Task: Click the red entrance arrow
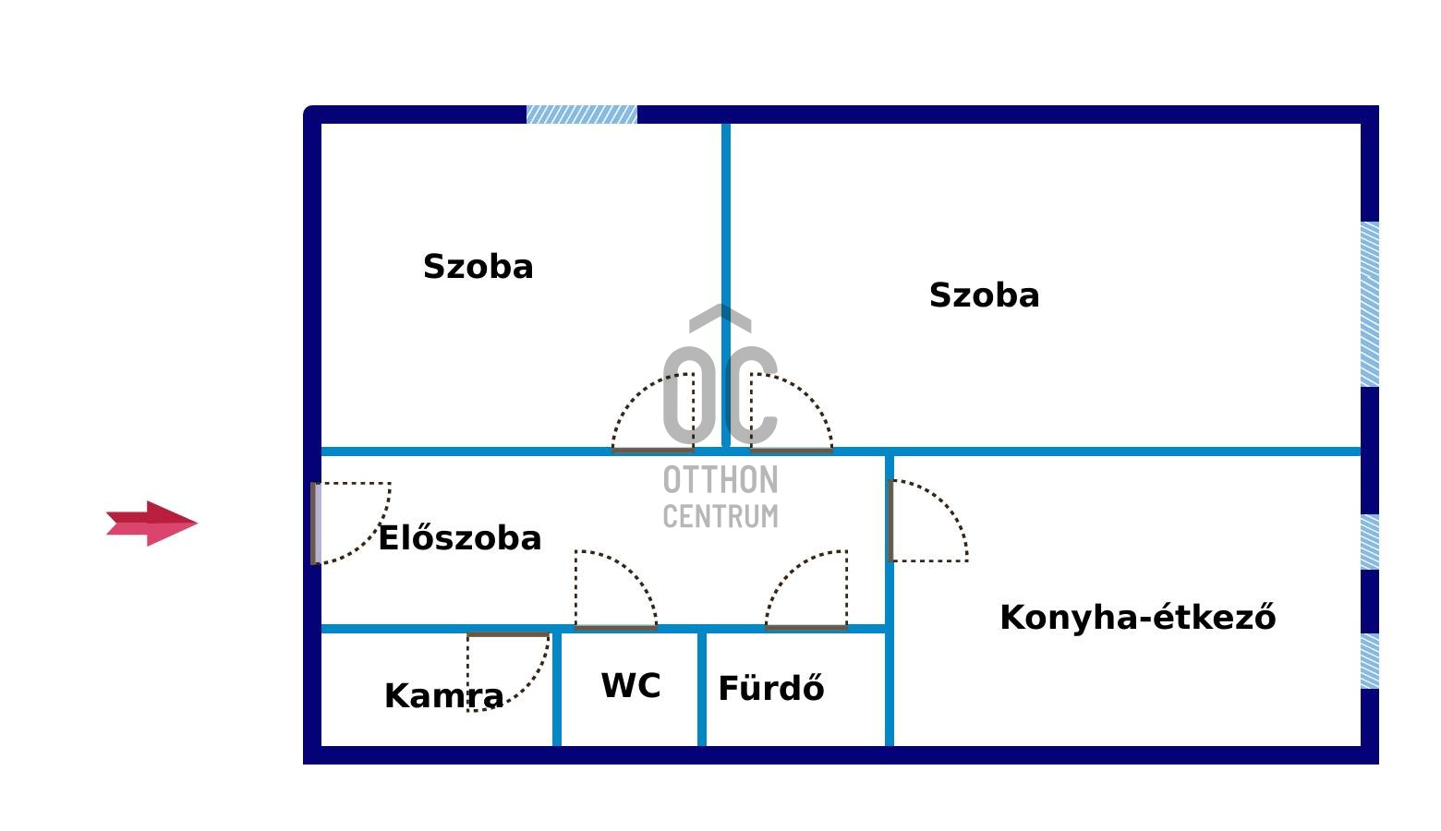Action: [151, 524]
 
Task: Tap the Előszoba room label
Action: [459, 538]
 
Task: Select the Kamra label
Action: [443, 696]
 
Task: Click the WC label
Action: [631, 686]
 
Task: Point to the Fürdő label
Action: [770, 689]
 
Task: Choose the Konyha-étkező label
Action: [1137, 618]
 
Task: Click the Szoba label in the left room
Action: [478, 267]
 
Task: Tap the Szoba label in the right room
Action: [984, 295]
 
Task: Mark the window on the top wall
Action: [581, 114]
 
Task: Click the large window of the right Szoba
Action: [1370, 304]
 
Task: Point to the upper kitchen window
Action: [1370, 541]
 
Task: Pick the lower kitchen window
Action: [1370, 660]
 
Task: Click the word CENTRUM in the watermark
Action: [720, 516]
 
